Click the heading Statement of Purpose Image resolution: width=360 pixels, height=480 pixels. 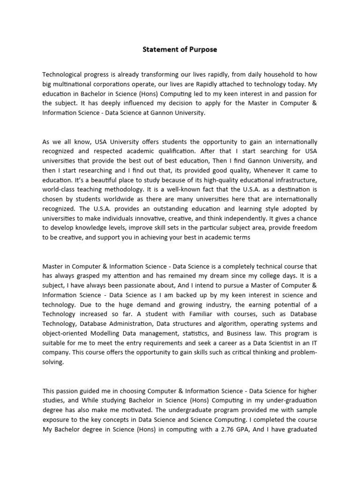[180, 49]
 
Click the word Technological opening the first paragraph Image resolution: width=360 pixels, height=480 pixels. [65, 75]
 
